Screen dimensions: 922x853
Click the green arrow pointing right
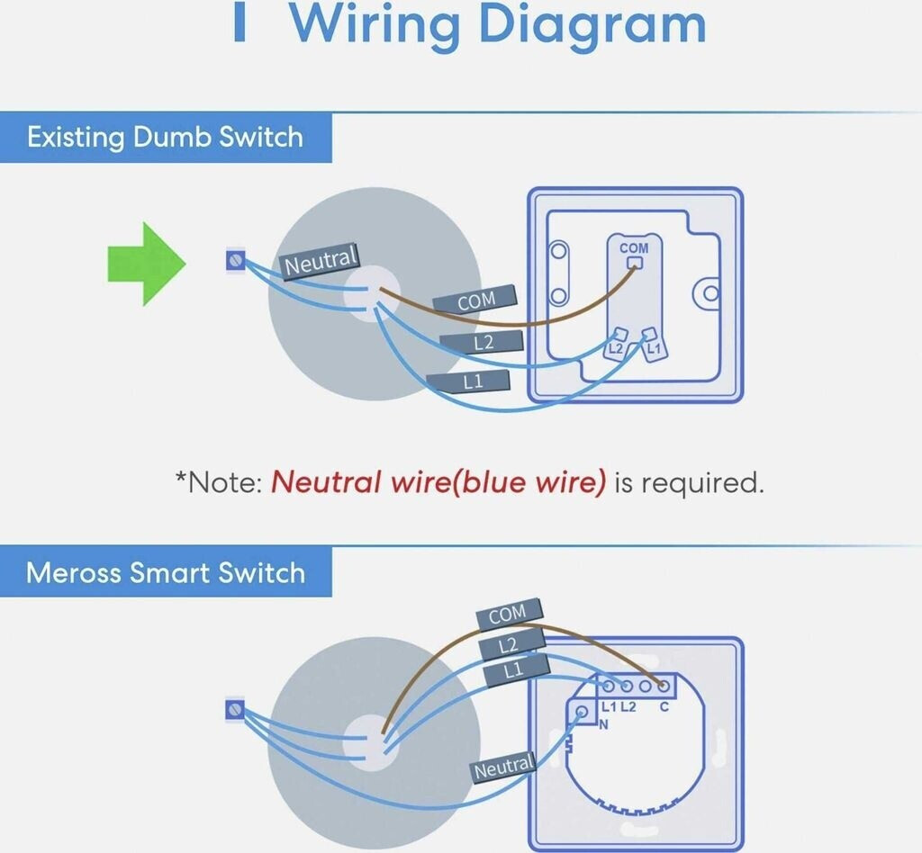[x=147, y=264]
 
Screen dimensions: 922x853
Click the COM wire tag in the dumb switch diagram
[x=475, y=301]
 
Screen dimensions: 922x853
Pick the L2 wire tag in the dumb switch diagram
[x=482, y=342]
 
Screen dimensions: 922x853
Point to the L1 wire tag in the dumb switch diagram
[x=469, y=382]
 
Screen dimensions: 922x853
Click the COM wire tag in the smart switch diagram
[x=508, y=615]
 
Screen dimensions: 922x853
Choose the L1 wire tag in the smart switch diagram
[x=516, y=669]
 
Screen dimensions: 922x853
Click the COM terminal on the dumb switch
[x=635, y=262]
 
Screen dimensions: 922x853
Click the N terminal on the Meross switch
[x=583, y=712]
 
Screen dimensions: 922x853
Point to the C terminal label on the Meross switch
[x=664, y=706]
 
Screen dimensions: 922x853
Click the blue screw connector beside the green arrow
[x=236, y=260]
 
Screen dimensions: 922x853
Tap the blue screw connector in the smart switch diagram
[x=235, y=710]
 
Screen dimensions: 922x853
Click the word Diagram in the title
[x=592, y=24]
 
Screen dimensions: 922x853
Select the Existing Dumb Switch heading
[x=166, y=137]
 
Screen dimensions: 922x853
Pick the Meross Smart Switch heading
[x=166, y=572]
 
